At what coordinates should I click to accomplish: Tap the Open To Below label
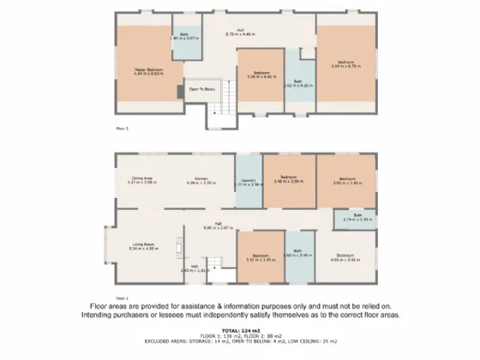pos(201,88)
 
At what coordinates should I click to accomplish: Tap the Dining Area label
pos(141,179)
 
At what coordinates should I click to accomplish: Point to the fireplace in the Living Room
pos(179,248)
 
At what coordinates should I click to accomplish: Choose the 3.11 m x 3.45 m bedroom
pos(261,256)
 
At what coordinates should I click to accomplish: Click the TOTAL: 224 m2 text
pos(239,329)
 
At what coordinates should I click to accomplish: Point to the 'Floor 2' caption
pos(122,128)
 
